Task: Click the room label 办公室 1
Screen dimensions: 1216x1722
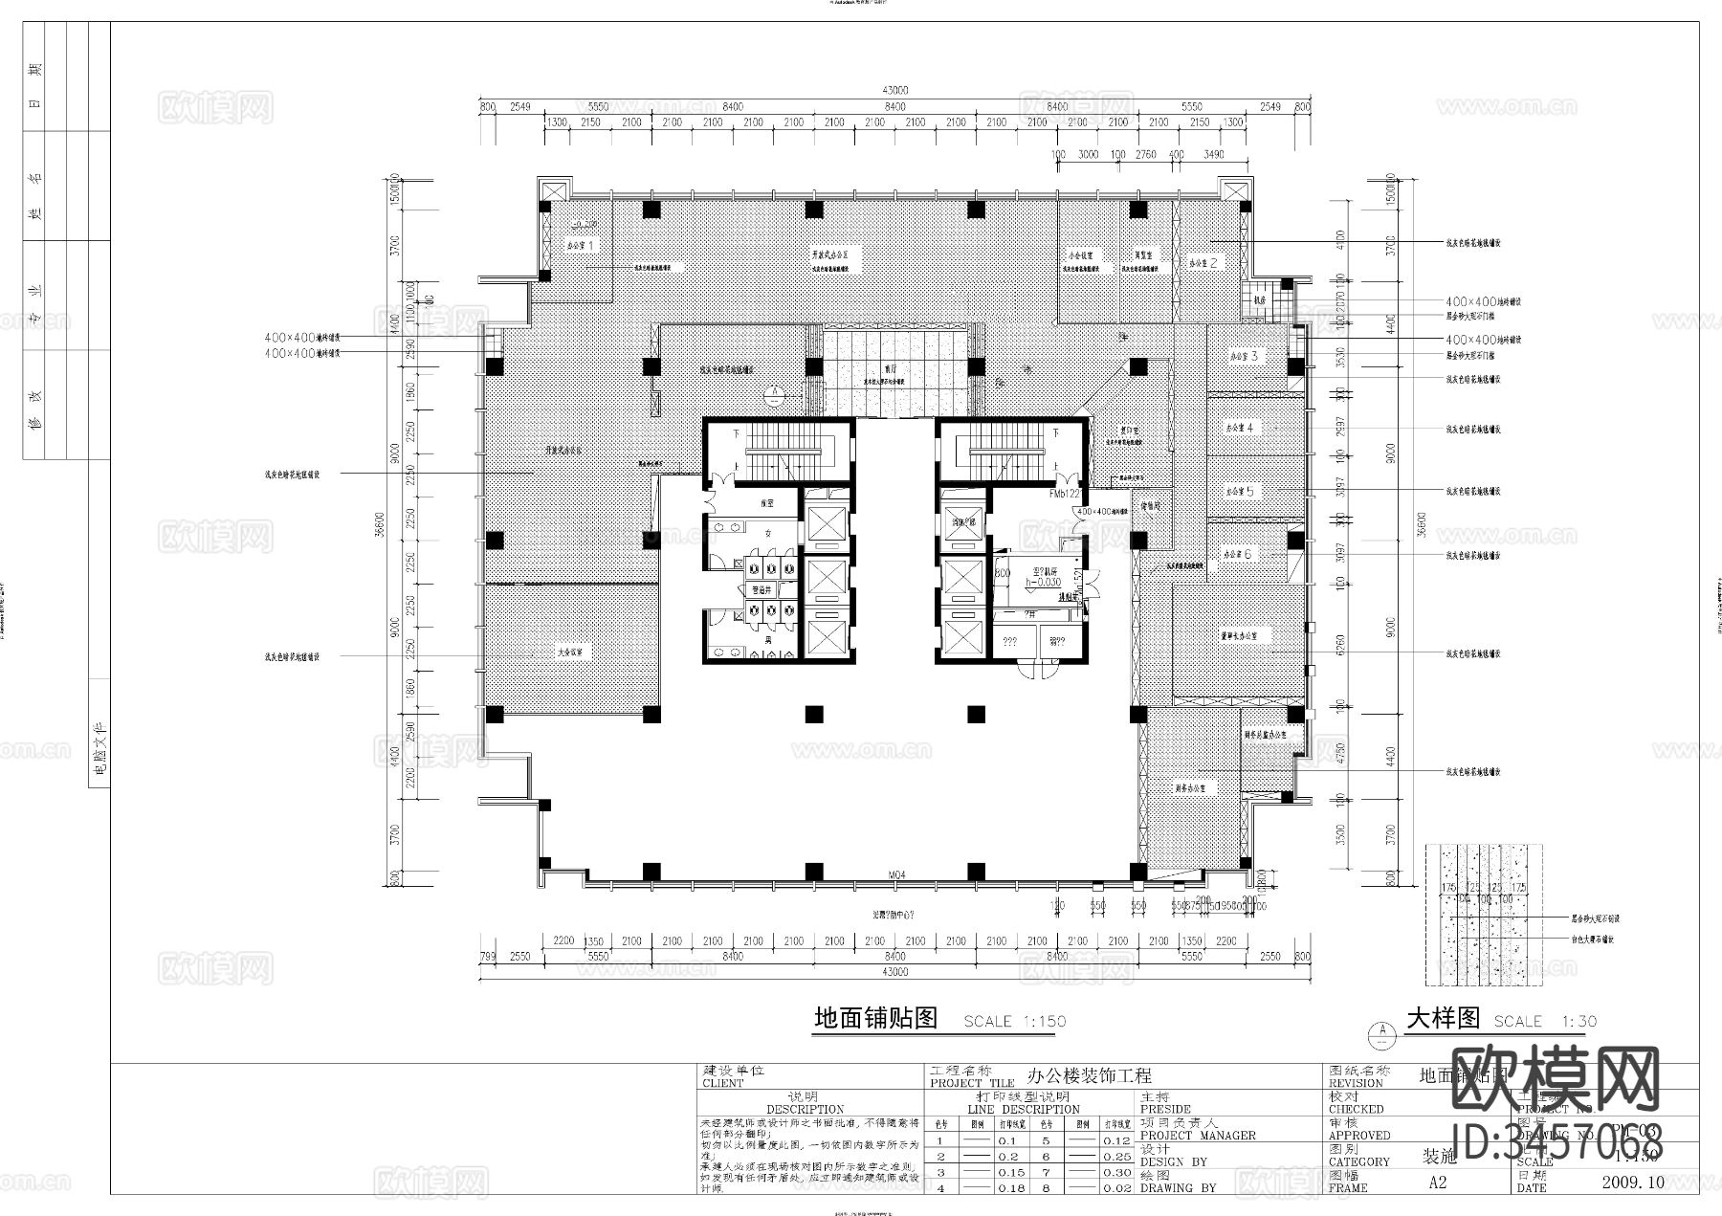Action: point(581,246)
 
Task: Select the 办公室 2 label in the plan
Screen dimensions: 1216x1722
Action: point(1203,262)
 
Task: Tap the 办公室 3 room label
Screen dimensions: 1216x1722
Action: point(1244,357)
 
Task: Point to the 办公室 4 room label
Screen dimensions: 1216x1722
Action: point(1239,428)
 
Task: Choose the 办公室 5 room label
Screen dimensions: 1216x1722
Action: point(1240,491)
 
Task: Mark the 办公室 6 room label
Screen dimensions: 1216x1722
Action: point(1237,554)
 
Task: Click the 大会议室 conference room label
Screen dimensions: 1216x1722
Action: point(570,652)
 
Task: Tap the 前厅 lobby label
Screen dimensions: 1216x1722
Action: point(890,372)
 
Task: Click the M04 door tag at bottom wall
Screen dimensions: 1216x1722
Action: point(895,874)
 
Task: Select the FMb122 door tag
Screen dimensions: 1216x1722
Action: point(1064,495)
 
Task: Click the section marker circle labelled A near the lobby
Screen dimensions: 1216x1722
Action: point(774,392)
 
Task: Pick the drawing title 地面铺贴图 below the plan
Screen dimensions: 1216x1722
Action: point(874,1019)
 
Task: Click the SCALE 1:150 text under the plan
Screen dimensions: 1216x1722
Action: point(1014,1022)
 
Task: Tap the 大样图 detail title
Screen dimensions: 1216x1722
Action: point(1443,1019)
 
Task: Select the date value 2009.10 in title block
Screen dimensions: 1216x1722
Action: point(1632,1183)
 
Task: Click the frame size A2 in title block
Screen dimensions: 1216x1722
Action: point(1437,1183)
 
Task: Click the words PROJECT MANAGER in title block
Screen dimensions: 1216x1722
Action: point(1198,1136)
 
